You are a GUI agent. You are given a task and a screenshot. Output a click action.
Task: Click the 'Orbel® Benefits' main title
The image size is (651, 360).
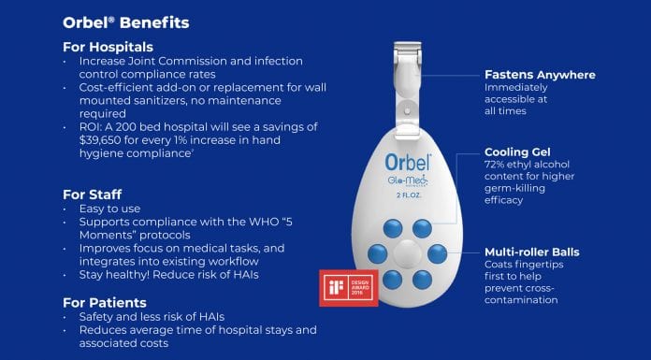[x=125, y=22]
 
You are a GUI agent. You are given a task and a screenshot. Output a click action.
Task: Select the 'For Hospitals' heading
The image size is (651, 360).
[x=108, y=47]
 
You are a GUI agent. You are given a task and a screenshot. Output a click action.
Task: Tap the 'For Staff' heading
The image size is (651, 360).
[x=93, y=194]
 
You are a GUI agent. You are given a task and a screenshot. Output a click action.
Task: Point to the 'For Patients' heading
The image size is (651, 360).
[x=105, y=302]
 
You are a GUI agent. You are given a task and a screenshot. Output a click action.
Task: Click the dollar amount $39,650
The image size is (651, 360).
[x=100, y=140]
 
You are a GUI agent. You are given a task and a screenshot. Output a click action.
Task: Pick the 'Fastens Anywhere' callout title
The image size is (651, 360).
[x=540, y=75]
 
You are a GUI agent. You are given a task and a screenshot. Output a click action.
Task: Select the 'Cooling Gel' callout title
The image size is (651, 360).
[x=517, y=152]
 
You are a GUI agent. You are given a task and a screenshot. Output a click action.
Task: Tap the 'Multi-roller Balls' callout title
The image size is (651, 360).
[x=532, y=252]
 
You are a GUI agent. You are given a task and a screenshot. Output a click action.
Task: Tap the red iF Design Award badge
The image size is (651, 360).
[x=349, y=288]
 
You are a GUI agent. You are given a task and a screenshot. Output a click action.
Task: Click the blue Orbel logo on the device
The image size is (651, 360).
[x=408, y=162]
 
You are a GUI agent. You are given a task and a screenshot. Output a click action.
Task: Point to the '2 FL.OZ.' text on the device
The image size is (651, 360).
[x=409, y=195]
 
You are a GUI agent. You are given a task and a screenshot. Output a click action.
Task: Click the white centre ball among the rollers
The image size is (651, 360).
[x=407, y=252]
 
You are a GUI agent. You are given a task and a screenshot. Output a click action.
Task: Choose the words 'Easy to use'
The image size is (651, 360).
[x=109, y=209]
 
